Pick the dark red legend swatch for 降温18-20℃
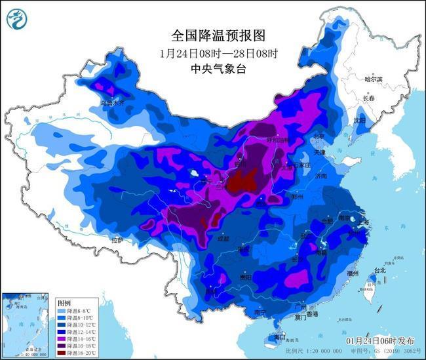tap(62, 353)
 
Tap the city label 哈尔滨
tap(374, 79)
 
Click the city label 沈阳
tap(360, 120)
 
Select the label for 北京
tap(319, 136)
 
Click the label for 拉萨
tap(117, 241)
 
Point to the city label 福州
tap(354, 273)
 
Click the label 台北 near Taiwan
tap(379, 270)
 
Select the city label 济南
tap(320, 176)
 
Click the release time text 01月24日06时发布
tap(380, 342)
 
